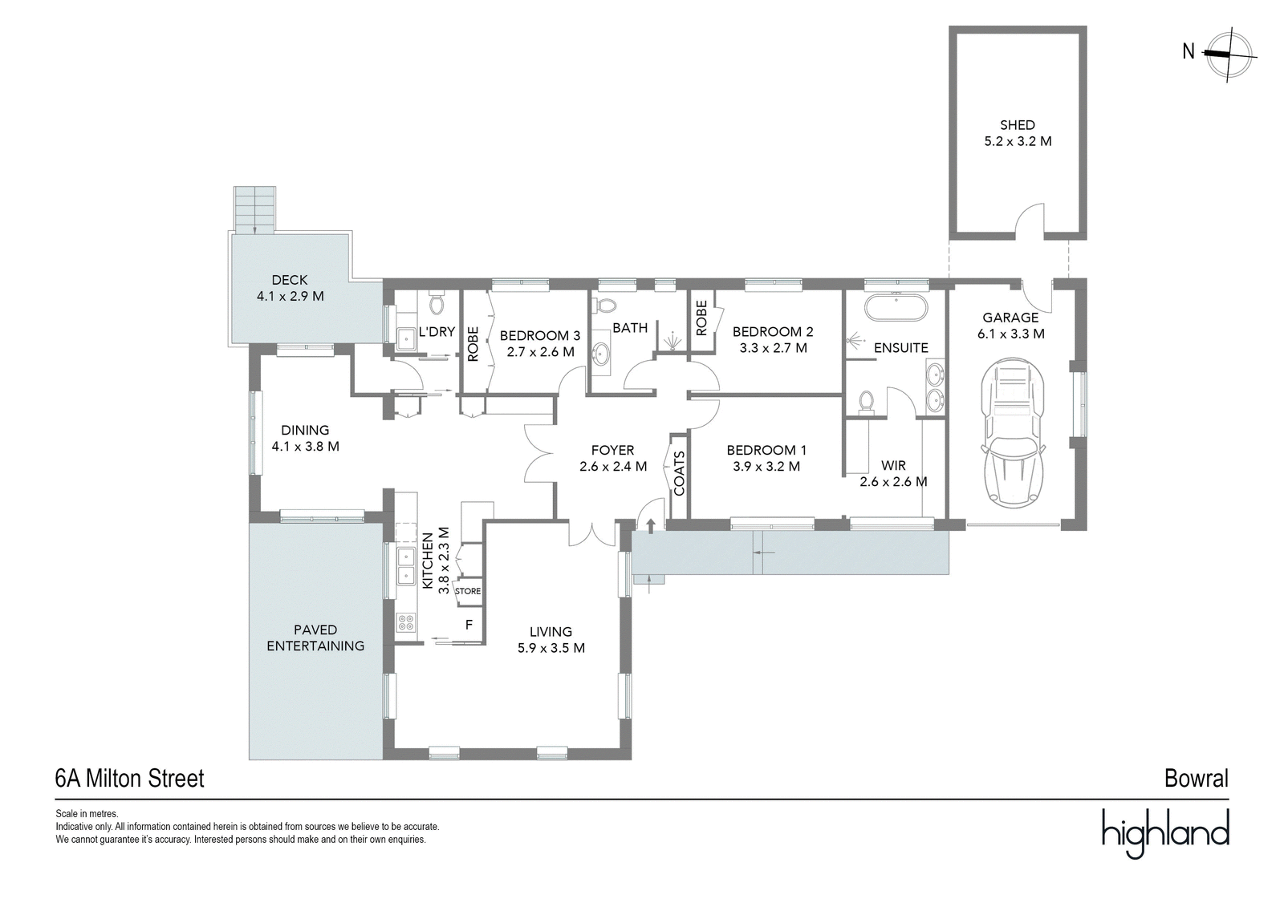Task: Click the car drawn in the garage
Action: click(x=1013, y=434)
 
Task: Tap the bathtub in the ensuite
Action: click(x=896, y=308)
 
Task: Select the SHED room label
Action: click(x=1018, y=125)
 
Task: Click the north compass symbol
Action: click(x=1229, y=55)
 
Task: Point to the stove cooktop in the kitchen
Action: click(x=406, y=622)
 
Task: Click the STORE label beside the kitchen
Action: click(x=468, y=591)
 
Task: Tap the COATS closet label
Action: click(x=679, y=473)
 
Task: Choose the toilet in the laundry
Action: click(x=437, y=304)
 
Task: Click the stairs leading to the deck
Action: click(x=254, y=209)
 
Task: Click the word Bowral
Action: click(x=1197, y=779)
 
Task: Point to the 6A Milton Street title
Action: click(x=129, y=779)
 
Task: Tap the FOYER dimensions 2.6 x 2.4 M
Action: click(x=613, y=467)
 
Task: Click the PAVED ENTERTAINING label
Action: click(x=315, y=638)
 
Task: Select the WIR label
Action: click(x=894, y=465)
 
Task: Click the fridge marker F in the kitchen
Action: click(x=469, y=625)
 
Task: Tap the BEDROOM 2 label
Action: click(x=773, y=331)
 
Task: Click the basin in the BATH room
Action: click(x=601, y=354)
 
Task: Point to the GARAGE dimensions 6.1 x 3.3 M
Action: click(x=1010, y=334)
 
